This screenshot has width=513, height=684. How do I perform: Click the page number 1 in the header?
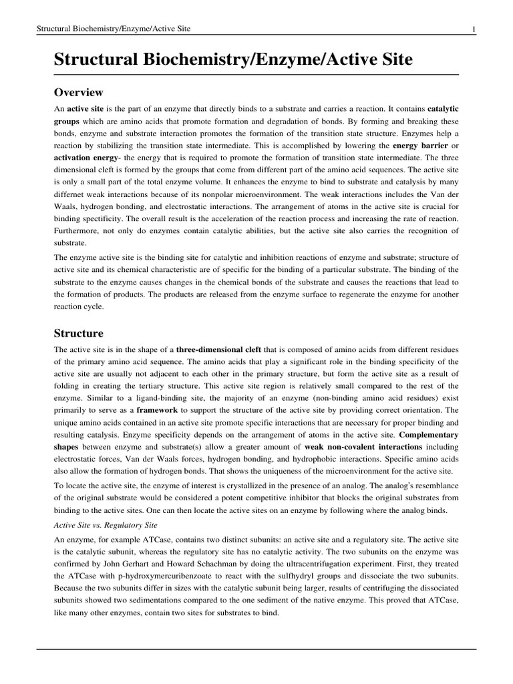473,29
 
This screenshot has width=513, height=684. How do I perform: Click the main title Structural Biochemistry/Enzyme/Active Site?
233,60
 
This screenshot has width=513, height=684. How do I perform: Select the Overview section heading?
78,92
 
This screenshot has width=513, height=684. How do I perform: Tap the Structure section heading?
78,333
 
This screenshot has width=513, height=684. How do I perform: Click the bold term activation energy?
83,158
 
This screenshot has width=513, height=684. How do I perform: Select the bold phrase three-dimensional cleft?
220,349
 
